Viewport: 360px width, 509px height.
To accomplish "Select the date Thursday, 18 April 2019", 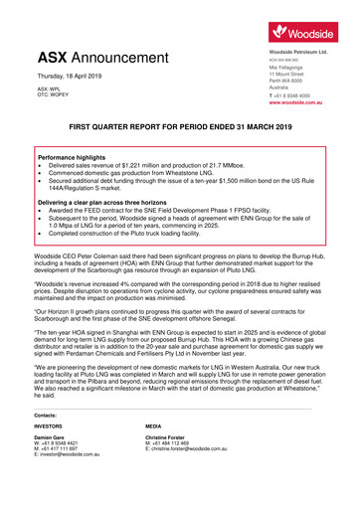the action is point(72,76).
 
